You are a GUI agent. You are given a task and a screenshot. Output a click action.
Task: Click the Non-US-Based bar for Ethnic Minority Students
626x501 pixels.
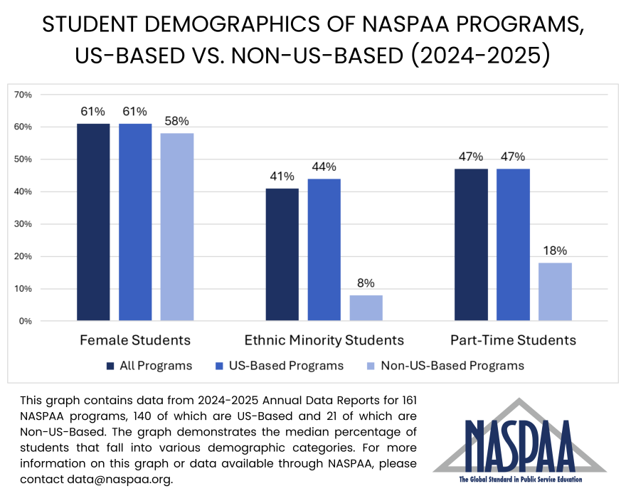366,307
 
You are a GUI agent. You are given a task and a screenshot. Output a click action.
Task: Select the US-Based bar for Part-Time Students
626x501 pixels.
512,245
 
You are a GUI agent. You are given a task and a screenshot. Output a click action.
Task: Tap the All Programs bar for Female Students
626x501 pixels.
93,222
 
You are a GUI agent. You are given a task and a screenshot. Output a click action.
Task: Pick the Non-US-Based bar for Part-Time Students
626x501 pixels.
555,292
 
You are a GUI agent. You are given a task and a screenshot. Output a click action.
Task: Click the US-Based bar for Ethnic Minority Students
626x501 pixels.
324,250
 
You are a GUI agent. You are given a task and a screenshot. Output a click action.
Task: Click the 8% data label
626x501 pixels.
366,283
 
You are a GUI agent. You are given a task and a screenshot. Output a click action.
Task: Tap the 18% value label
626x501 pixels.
555,250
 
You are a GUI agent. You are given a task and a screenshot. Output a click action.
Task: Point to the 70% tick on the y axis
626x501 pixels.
23,95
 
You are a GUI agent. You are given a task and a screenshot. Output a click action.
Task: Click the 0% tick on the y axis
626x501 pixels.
26,321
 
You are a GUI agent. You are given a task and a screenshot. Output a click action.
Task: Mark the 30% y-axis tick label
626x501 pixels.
23,224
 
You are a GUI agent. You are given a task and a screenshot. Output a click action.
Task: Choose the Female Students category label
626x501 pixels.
134,340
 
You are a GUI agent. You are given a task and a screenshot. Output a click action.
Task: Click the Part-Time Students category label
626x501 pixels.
513,340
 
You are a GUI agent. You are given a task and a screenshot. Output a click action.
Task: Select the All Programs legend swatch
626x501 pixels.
110,366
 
